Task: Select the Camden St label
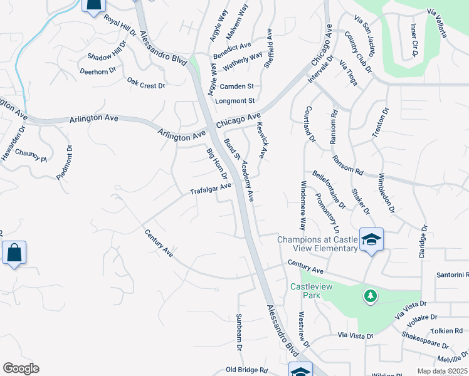(236, 86)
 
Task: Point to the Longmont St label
(235, 100)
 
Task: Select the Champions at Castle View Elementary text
(317, 244)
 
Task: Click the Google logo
(21, 368)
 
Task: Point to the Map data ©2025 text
(441, 371)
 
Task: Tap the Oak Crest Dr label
(145, 83)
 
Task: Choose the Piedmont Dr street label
(65, 164)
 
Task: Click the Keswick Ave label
(263, 140)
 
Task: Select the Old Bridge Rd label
(247, 370)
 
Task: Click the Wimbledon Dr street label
(384, 192)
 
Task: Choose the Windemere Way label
(302, 205)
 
